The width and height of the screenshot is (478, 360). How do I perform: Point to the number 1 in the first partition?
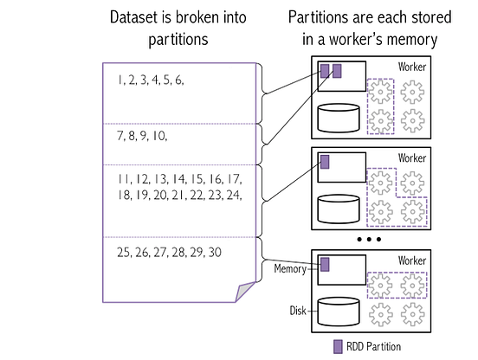click(x=119, y=80)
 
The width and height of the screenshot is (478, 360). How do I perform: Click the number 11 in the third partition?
click(x=122, y=178)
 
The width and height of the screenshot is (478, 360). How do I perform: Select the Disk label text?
click(x=299, y=309)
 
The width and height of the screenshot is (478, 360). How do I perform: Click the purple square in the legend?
click(x=339, y=346)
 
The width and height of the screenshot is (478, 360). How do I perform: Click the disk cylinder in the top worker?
click(x=339, y=118)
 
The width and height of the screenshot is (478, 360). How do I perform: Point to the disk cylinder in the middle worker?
click(x=339, y=209)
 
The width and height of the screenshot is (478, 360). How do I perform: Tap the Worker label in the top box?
click(x=412, y=67)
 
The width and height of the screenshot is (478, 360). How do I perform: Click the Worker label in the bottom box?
click(x=412, y=260)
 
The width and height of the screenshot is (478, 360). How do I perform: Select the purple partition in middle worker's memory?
click(x=326, y=162)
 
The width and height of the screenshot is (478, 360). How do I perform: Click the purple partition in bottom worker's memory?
click(x=326, y=264)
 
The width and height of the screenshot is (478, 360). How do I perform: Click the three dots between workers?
click(x=369, y=238)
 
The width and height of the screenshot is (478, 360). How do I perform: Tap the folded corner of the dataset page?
click(x=248, y=291)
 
